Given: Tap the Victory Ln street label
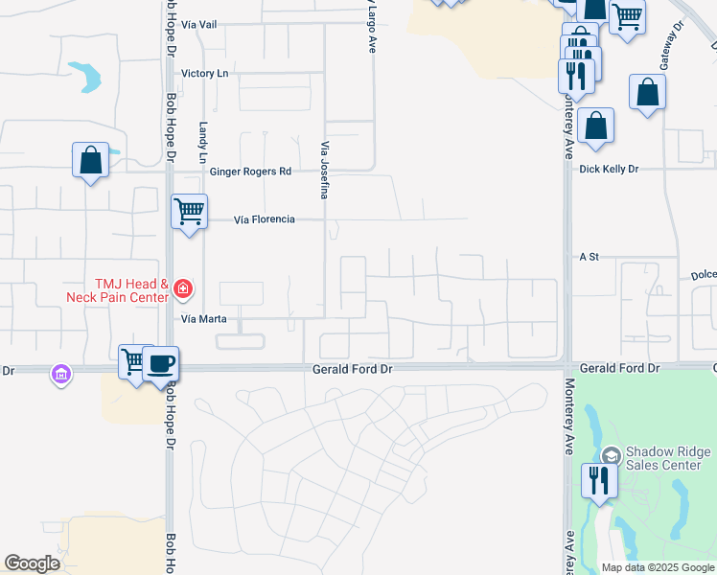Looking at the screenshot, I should [205, 73].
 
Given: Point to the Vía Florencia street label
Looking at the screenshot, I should [265, 219].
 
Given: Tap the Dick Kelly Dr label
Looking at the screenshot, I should [609, 169].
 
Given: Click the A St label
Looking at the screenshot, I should [589, 257].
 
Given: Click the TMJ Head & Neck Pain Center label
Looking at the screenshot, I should [117, 290].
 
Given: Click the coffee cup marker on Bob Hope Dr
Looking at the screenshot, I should [161, 363].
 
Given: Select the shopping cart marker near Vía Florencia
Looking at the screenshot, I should [189, 210].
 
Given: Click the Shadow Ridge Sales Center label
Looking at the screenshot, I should [668, 459].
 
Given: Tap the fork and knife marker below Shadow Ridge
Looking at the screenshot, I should [599, 479].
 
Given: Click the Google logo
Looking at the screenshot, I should [32, 564].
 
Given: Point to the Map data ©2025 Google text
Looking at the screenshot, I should [659, 567].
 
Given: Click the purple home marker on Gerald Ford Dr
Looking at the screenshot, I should [61, 374].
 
